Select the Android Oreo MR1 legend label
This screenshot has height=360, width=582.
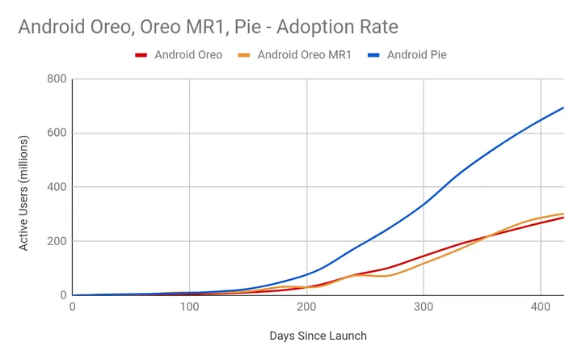[x=305, y=55]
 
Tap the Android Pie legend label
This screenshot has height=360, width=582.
[x=417, y=55]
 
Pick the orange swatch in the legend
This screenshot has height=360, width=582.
[x=242, y=55]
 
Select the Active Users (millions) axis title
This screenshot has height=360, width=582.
[x=24, y=187]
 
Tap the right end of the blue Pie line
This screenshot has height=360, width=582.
[x=563, y=108]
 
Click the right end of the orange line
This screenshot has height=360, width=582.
[x=563, y=214]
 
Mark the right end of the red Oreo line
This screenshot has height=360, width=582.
[x=563, y=218]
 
